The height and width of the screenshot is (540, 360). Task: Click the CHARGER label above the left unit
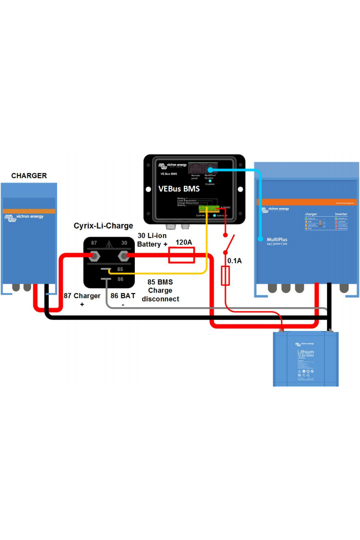pos(29,175)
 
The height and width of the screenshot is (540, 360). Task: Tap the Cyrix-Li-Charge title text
pos(103,226)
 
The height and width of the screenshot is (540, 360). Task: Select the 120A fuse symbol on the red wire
pos(181,256)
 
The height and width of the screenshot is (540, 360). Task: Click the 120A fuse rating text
pos(183,243)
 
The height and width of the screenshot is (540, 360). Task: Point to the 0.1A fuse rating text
pos(234,260)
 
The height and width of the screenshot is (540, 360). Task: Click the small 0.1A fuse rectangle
pos(226,275)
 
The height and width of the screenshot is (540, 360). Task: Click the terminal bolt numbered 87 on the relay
pos(95,256)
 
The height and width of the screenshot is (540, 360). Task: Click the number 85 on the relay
pos(120,269)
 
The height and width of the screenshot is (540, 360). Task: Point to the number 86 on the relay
pos(120,279)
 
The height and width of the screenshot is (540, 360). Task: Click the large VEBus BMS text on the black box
pos(178,189)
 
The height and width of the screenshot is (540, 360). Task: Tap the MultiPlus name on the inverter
pos(277,240)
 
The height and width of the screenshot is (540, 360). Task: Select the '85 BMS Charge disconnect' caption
pos(160,290)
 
